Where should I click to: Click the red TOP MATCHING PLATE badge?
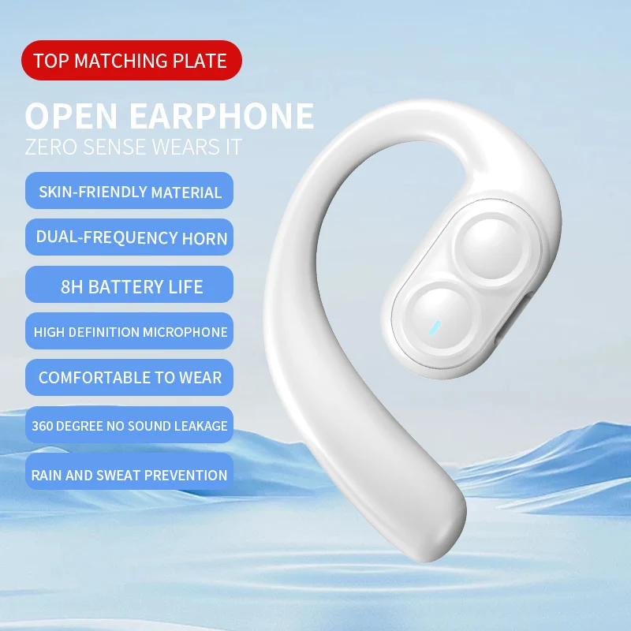point(130,61)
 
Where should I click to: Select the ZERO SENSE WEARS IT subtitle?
point(133,147)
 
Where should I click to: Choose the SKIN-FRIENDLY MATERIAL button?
point(130,191)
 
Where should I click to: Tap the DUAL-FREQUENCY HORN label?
point(130,237)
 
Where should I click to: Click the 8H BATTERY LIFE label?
point(130,286)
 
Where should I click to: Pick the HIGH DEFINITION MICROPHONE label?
point(130,332)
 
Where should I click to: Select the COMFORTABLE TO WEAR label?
point(130,378)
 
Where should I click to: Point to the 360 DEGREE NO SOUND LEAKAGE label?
point(130,426)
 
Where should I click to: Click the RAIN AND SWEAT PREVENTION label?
point(130,475)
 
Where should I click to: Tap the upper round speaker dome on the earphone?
point(487,246)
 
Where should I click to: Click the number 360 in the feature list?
point(47,426)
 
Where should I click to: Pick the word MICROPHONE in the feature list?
point(185,332)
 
